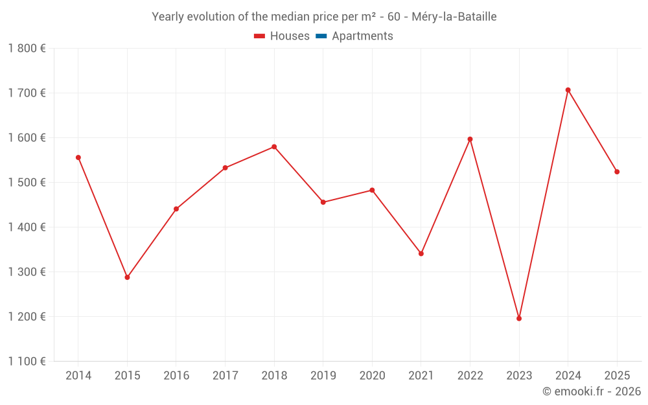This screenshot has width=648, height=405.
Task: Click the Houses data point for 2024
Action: pyautogui.click(x=568, y=90)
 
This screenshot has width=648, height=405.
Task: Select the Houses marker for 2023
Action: pyautogui.click(x=519, y=319)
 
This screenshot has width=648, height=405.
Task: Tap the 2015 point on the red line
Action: pyautogui.click(x=127, y=277)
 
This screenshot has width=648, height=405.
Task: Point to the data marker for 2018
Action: pyautogui.click(x=274, y=146)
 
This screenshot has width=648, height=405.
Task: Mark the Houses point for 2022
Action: pyautogui.click(x=470, y=139)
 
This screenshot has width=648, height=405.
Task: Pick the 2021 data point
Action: pyautogui.click(x=421, y=254)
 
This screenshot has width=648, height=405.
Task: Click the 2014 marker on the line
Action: pyautogui.click(x=78, y=157)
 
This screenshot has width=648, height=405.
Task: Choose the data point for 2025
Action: pyautogui.click(x=617, y=172)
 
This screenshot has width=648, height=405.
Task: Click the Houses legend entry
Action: pyautogui.click(x=282, y=36)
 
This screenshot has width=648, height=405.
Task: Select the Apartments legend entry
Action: pyautogui.click(x=354, y=36)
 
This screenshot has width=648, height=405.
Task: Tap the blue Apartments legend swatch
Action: pyautogui.click(x=321, y=36)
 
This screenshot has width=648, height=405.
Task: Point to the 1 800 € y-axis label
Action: pyautogui.click(x=27, y=49)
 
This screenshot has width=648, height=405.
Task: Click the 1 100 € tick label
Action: pyautogui.click(x=27, y=361)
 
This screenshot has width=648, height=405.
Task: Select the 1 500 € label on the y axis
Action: pyautogui.click(x=27, y=182)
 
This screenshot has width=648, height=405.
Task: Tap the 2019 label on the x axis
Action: pyautogui.click(x=323, y=375)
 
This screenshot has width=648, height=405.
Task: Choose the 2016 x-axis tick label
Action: pyautogui.click(x=176, y=375)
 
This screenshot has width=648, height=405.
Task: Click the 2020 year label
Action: pyautogui.click(x=373, y=375)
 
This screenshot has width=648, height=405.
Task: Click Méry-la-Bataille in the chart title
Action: pyautogui.click(x=454, y=17)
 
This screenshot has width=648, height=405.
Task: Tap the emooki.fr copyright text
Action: pyautogui.click(x=592, y=391)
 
